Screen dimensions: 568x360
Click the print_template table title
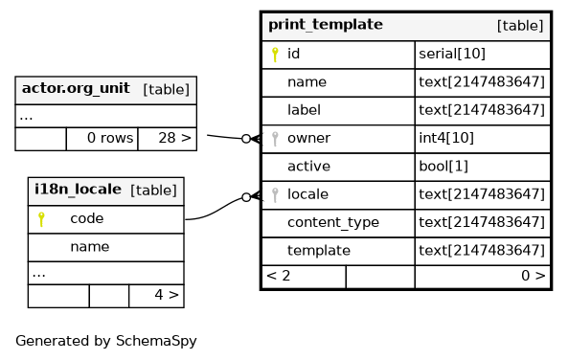(x=326, y=25)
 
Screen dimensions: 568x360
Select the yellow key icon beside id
(x=275, y=55)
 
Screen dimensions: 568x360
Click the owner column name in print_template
(x=308, y=138)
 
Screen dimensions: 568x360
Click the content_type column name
(x=333, y=222)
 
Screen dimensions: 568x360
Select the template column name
(x=319, y=251)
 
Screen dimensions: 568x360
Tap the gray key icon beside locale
(x=275, y=195)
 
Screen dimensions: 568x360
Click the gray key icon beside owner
(x=275, y=139)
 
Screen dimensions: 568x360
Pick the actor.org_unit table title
(x=76, y=88)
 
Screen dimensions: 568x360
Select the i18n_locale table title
(x=78, y=190)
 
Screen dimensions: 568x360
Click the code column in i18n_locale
(x=87, y=218)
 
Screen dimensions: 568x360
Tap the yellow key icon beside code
(x=41, y=219)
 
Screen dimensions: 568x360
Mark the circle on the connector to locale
(x=246, y=197)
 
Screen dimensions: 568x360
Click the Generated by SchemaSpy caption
(x=106, y=341)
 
